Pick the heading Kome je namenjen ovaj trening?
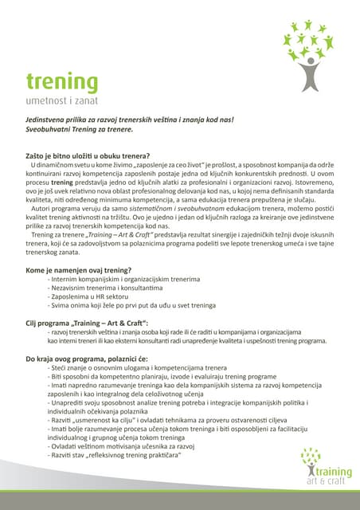[x=79, y=270]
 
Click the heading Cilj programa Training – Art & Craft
[x=88, y=323]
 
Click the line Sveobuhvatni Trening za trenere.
[x=79, y=129]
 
